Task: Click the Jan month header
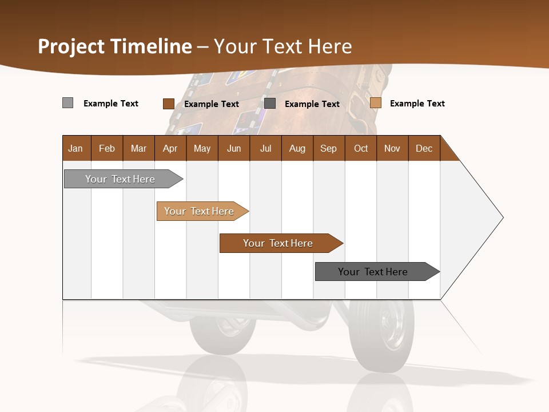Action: coord(76,148)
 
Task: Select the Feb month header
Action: coord(107,148)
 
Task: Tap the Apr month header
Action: coord(170,148)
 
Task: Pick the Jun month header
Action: coord(234,148)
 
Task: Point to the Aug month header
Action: coord(297,148)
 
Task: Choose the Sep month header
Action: coord(328,148)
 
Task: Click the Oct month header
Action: coord(361,148)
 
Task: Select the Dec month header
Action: coord(424,148)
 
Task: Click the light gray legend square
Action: coord(68,103)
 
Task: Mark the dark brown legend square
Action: coord(169,104)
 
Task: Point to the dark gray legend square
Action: coord(270,104)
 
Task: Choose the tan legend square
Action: coord(376,103)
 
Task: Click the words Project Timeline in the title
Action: coord(115,46)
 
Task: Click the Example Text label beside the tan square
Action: coord(417,104)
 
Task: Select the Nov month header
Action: coord(392,148)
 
